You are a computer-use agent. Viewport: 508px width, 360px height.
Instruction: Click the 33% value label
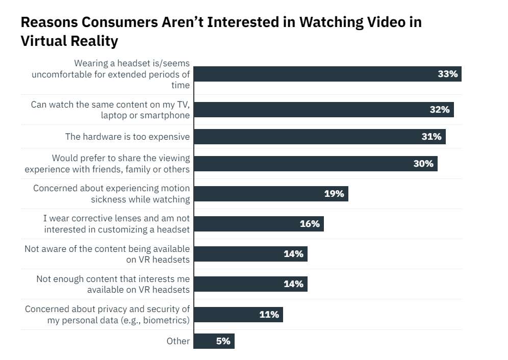(x=448, y=74)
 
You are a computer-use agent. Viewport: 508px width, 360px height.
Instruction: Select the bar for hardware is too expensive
(x=319, y=137)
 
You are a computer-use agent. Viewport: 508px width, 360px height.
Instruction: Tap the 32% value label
(x=439, y=110)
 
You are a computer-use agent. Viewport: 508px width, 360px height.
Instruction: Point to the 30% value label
(x=423, y=164)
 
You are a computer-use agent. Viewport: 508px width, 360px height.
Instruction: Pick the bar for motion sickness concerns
(x=270, y=194)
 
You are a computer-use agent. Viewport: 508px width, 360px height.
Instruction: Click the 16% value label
(x=310, y=224)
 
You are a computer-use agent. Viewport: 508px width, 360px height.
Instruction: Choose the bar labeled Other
(x=214, y=341)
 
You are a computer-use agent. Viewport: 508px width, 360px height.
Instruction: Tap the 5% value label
(x=223, y=341)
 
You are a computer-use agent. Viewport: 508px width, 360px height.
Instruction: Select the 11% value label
(x=269, y=315)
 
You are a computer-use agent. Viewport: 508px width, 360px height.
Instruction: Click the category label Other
(x=178, y=341)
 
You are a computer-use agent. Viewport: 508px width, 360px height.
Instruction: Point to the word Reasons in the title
(x=50, y=22)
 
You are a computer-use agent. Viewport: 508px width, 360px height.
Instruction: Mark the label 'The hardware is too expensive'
(x=127, y=137)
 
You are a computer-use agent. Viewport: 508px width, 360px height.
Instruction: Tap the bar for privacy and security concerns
(x=238, y=315)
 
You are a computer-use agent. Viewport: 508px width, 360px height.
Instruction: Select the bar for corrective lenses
(x=258, y=224)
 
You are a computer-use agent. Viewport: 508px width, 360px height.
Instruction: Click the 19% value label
(x=334, y=194)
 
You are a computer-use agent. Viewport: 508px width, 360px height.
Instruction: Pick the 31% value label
(x=431, y=137)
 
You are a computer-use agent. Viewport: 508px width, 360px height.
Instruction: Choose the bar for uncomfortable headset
(x=327, y=74)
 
